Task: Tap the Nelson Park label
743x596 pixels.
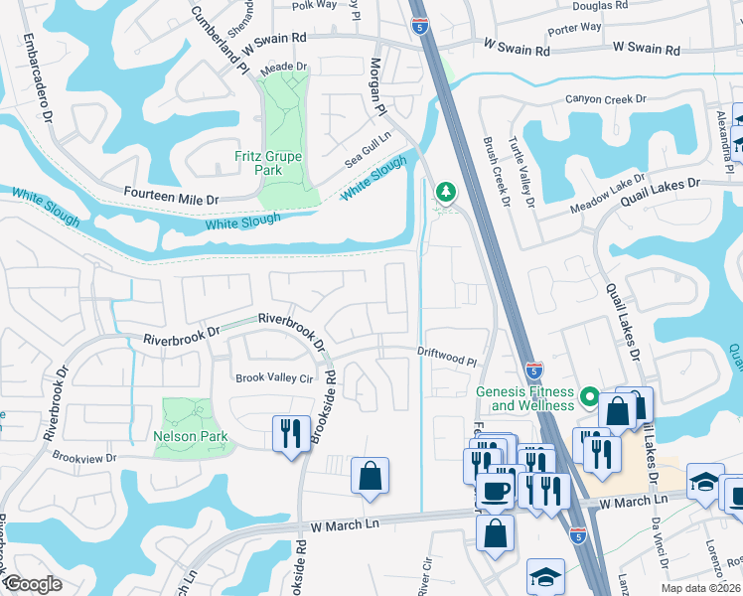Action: [191, 436]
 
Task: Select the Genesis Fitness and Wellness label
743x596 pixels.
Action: [525, 398]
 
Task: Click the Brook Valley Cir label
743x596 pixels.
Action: [273, 377]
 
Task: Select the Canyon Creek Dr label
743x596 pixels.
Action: [606, 99]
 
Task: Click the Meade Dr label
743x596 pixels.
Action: [284, 67]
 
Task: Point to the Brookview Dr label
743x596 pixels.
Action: [84, 458]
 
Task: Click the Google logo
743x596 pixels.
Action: [32, 585]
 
